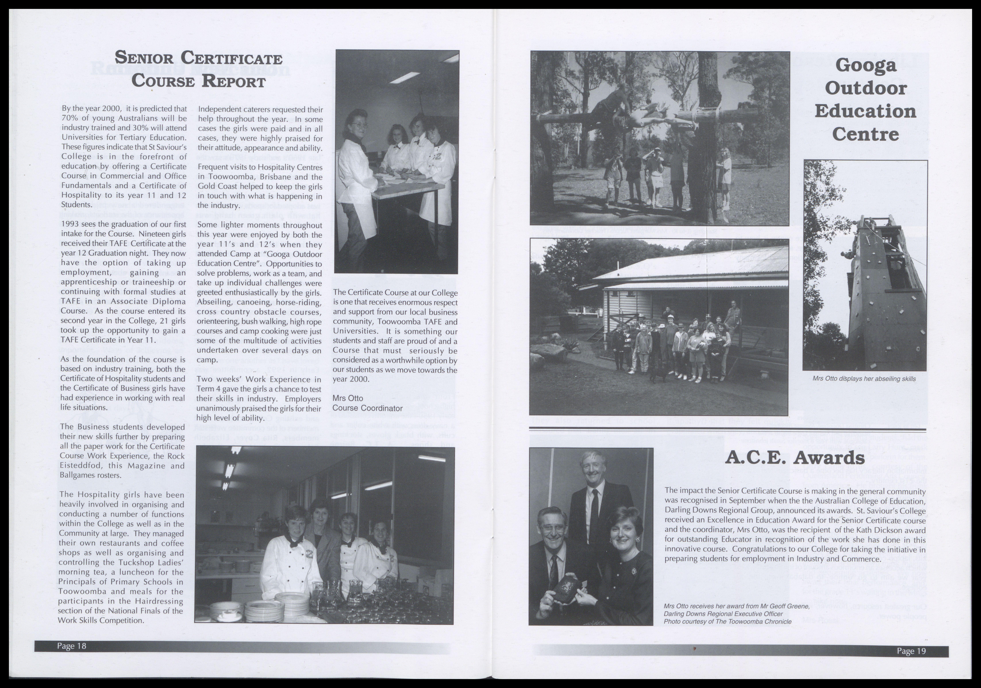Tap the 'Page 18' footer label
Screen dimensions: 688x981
coord(72,646)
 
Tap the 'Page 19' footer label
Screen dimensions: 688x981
coord(911,651)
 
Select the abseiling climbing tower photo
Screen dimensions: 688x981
coord(865,265)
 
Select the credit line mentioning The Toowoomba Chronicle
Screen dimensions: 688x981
coord(727,621)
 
